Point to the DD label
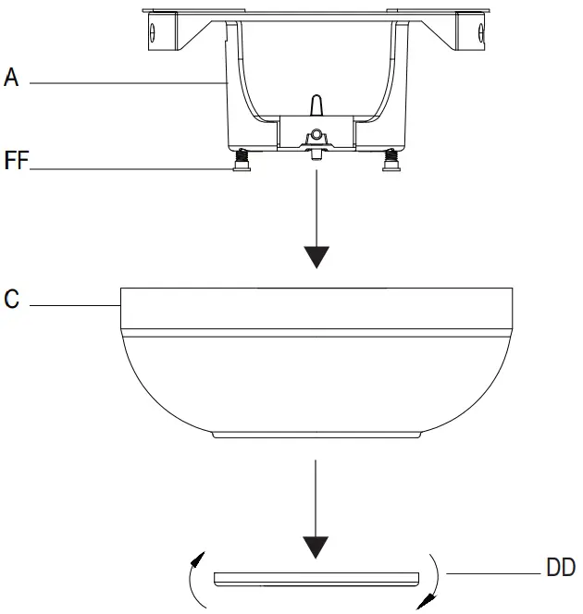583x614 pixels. (x=561, y=568)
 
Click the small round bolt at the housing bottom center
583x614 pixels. (x=316, y=135)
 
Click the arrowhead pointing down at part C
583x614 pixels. (x=316, y=254)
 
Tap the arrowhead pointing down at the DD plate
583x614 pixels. (x=316, y=546)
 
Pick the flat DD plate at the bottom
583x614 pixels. (x=316, y=579)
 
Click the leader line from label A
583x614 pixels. (x=130, y=83)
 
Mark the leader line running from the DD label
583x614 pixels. (x=495, y=574)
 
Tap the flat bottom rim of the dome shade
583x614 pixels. (x=316, y=433)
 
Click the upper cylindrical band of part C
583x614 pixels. (x=316, y=308)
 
